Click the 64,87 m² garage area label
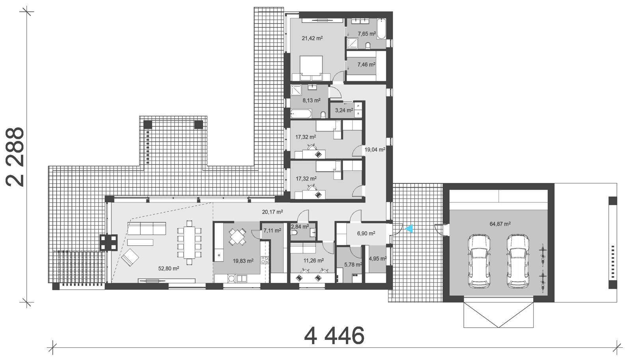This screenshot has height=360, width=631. [x=500, y=224]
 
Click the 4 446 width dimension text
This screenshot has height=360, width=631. [x=334, y=336]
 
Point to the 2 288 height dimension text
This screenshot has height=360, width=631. [x=16, y=157]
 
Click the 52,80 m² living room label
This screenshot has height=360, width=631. [x=169, y=268]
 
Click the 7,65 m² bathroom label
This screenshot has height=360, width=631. [x=366, y=34]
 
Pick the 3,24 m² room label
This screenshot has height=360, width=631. [x=344, y=110]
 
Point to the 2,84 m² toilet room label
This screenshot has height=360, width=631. [x=299, y=226]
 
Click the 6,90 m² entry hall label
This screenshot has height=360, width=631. [x=366, y=233]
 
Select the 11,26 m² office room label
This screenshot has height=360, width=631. [x=314, y=260]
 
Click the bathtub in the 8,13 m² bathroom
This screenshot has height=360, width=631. [x=301, y=114]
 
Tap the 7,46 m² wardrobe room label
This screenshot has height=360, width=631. [x=366, y=64]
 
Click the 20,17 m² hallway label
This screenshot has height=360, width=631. [x=272, y=212]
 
